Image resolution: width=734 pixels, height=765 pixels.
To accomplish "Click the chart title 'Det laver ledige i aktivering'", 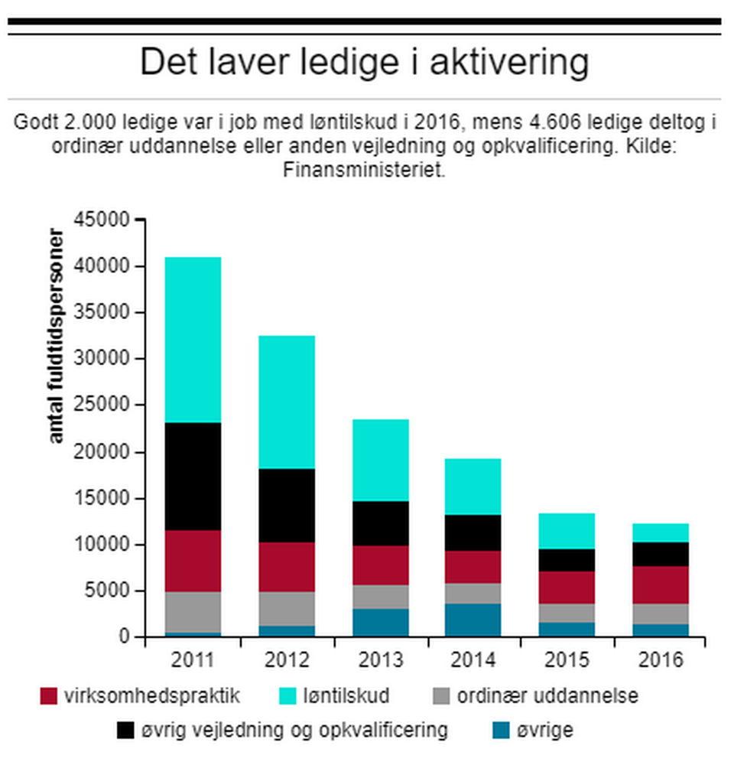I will pyautogui.click(x=365, y=63).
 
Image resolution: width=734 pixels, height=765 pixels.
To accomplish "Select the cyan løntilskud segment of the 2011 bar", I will pyautogui.click(x=193, y=340).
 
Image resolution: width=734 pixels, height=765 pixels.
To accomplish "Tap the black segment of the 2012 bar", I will pyautogui.click(x=287, y=505).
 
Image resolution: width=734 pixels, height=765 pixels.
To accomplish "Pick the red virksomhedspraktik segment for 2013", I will pyautogui.click(x=380, y=565).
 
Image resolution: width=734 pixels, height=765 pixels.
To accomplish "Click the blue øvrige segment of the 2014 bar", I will pyautogui.click(x=473, y=620).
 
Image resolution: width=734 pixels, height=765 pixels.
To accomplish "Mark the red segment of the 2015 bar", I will pyautogui.click(x=567, y=588).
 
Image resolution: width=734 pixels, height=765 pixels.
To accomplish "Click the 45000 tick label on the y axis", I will pyautogui.click(x=104, y=220).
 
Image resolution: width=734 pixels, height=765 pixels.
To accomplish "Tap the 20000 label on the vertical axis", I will pyautogui.click(x=104, y=452).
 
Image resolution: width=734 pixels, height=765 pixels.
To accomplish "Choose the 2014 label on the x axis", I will pyautogui.click(x=473, y=660).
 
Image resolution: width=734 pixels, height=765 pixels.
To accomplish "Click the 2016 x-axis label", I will pyautogui.click(x=660, y=660).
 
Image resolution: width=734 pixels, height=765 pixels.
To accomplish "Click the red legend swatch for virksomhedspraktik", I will pyautogui.click(x=48, y=697).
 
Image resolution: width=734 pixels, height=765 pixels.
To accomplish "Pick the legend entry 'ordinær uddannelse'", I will pyautogui.click(x=547, y=696).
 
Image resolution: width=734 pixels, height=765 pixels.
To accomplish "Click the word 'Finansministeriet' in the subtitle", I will pyautogui.click(x=364, y=170).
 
